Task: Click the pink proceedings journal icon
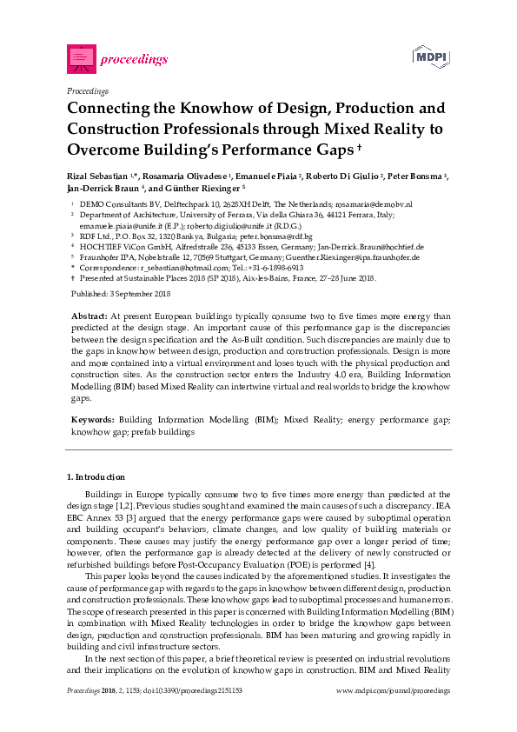coord(81,58)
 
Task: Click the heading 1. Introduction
coord(96,477)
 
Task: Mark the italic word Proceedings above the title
coord(87,90)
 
